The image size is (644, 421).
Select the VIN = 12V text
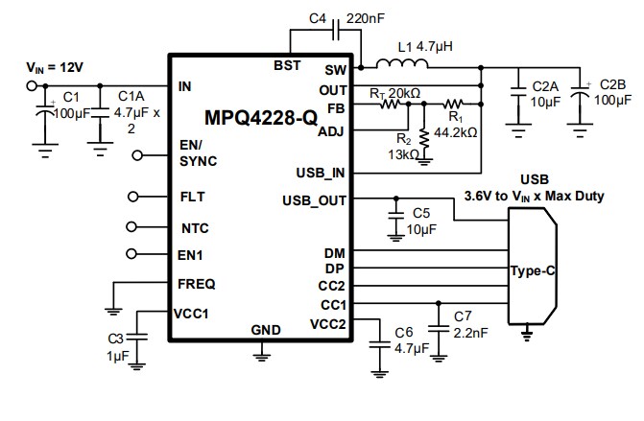(54, 68)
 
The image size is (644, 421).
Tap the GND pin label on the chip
(266, 330)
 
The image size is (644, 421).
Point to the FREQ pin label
(197, 284)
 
